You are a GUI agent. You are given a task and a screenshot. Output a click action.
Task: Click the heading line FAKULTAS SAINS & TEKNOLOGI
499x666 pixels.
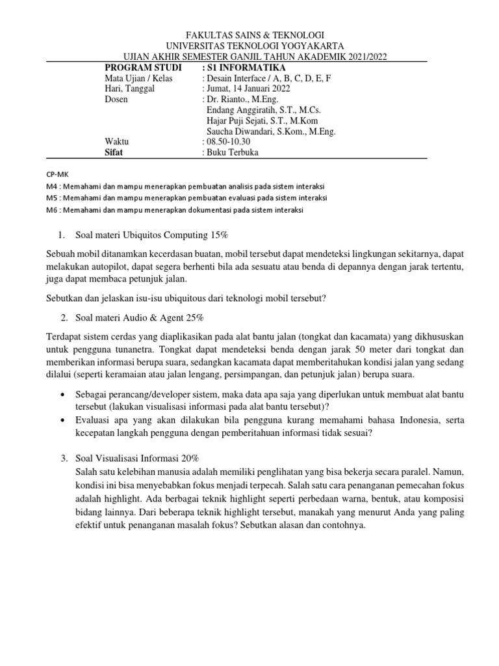pyautogui.click(x=249, y=35)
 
